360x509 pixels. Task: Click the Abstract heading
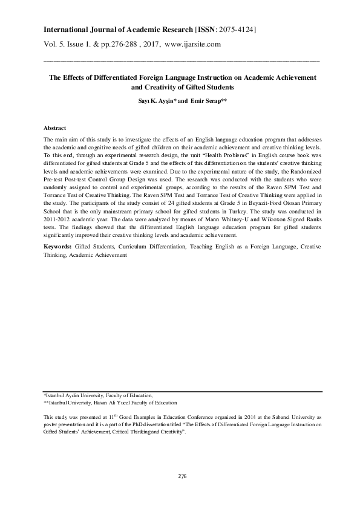point(55,129)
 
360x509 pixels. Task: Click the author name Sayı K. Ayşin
point(151,99)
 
